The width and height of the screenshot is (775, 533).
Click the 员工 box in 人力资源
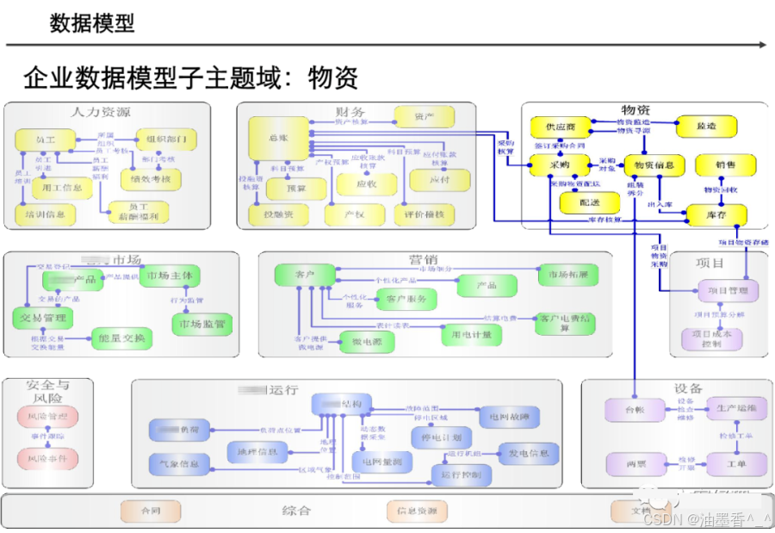(x=45, y=139)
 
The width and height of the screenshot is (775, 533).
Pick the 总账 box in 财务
(x=277, y=138)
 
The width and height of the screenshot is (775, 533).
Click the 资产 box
(x=424, y=115)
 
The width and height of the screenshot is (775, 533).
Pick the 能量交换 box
(x=122, y=338)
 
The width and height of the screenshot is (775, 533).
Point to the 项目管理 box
(x=728, y=291)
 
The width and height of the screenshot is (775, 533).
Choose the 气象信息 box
(x=179, y=464)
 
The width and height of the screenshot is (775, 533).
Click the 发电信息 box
(x=529, y=453)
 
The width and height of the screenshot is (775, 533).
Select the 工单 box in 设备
(x=735, y=465)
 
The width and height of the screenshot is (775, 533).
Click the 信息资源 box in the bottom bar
(x=417, y=511)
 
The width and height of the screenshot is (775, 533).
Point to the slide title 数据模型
(x=92, y=23)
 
